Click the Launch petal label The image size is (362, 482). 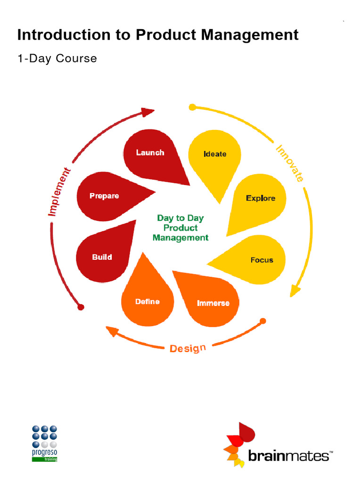pos(150,153)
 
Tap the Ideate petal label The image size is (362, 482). pos(215,154)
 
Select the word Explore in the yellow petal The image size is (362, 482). pos(260,198)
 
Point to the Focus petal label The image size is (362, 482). pos(262,260)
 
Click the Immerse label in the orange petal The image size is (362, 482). pos(213,303)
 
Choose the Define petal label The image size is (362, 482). pos(147,301)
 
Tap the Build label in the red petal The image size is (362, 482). pos(102,257)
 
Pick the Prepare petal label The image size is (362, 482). pos(104,196)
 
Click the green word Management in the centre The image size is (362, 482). pos(181,238)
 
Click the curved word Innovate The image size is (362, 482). pos(290,164)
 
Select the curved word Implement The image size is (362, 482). pos(60,192)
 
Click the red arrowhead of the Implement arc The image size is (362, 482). pos(148,112)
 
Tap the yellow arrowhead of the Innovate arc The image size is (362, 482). pos(295,291)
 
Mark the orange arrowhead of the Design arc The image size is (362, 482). pos(112,331)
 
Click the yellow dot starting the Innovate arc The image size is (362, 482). pos(192,107)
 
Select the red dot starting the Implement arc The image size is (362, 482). pos(81,307)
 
